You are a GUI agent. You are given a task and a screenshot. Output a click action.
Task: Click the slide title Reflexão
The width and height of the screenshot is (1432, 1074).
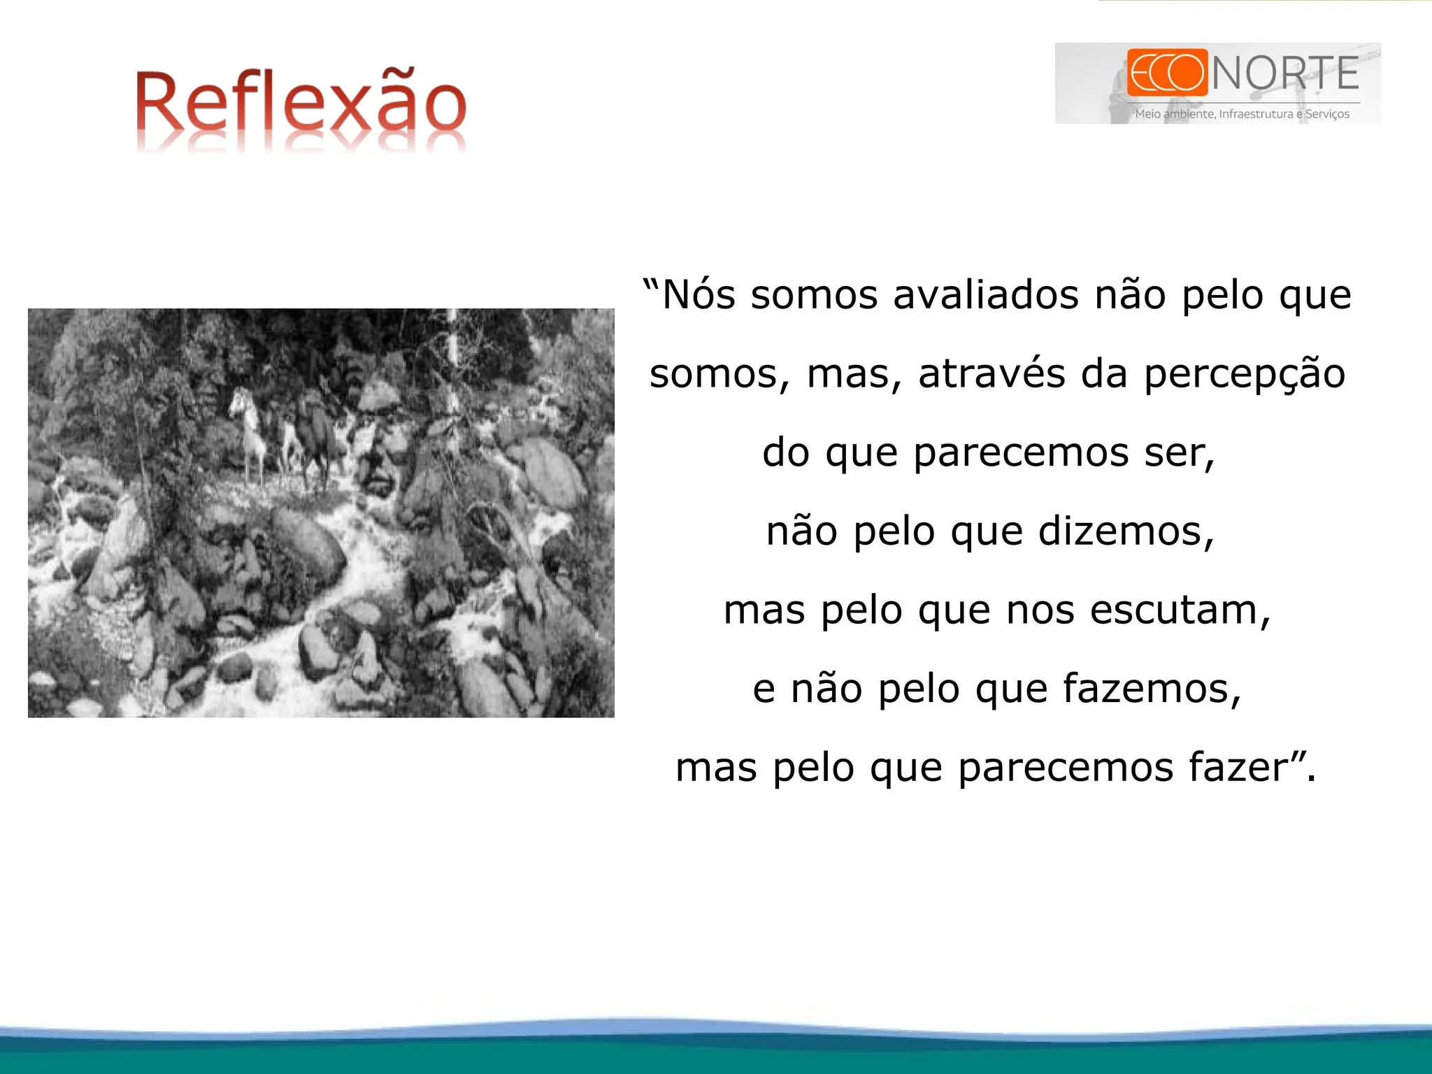click(301, 105)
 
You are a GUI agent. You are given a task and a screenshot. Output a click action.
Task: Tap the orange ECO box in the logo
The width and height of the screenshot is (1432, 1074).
click(1167, 72)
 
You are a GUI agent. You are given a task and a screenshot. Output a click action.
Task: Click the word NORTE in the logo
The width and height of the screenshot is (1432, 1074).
click(1285, 73)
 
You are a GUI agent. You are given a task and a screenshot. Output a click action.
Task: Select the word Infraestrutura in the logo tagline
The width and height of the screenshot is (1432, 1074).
click(1256, 114)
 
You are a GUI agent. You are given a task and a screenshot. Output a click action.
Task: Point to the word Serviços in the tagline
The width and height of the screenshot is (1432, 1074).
click(1327, 114)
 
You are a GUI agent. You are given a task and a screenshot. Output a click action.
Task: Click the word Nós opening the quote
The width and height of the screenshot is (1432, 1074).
click(698, 294)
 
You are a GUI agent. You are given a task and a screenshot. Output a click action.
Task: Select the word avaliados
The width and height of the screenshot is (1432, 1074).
click(986, 294)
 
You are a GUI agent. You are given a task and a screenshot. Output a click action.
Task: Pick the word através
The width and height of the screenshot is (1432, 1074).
click(991, 373)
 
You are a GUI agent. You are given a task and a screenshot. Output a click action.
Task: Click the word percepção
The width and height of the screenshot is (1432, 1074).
click(1245, 375)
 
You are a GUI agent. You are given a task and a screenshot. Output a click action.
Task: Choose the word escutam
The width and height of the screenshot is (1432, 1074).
click(1180, 610)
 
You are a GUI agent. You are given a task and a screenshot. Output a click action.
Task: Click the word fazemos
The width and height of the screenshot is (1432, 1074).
click(1152, 689)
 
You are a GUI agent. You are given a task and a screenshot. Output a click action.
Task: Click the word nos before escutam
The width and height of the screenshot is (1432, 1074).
click(1040, 610)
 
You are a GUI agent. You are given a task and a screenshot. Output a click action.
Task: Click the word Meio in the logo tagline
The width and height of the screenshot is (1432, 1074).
click(1147, 114)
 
